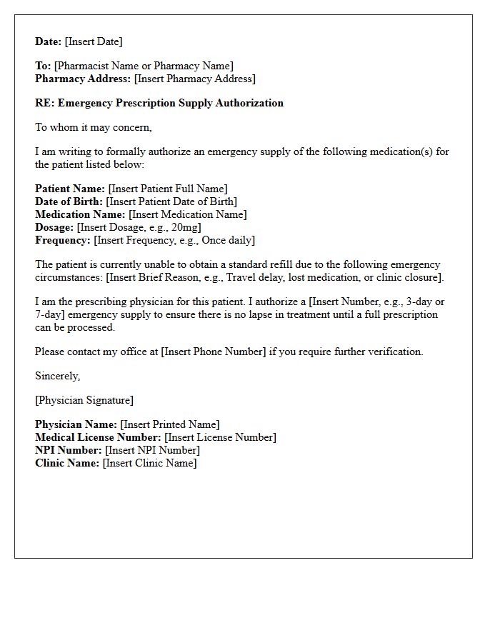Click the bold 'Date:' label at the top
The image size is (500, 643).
pos(49,41)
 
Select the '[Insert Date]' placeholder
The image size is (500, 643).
pos(94,41)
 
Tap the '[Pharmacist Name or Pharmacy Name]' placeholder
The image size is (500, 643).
pos(144,66)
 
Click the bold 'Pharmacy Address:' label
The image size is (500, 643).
pos(83,79)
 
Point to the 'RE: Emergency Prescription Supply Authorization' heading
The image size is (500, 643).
pos(159,103)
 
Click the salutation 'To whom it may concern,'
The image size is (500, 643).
pos(94,127)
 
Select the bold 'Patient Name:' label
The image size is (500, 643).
pos(70,189)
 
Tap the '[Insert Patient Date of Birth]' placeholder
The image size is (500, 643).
pos(171,201)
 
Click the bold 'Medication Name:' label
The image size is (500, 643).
pos(80,214)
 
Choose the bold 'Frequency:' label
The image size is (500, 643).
pos(63,240)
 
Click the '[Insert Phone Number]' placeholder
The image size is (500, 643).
pos(213,352)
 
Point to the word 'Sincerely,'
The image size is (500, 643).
pos(58,376)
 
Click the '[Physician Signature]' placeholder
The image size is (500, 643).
pos(84,400)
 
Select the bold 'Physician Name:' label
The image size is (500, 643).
pos(76,424)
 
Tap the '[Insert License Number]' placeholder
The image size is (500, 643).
pos(220,437)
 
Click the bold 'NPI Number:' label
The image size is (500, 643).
pos(69,450)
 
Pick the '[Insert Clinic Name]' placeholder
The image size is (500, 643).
pos(149,463)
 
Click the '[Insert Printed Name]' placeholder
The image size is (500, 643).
pos(170,424)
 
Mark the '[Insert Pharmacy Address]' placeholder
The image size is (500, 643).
pos(194,79)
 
